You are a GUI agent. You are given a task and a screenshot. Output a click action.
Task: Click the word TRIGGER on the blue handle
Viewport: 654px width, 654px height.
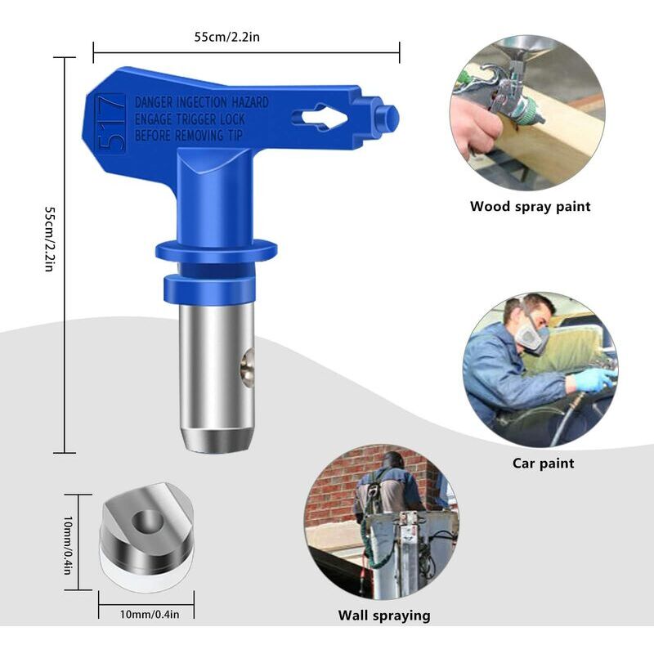click(196, 119)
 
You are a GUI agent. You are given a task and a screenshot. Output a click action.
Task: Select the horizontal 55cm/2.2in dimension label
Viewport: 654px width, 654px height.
click(227, 37)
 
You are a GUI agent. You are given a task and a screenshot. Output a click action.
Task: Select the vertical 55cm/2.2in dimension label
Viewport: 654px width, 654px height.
click(49, 239)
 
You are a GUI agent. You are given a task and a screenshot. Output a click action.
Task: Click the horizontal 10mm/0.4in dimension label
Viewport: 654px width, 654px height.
click(150, 615)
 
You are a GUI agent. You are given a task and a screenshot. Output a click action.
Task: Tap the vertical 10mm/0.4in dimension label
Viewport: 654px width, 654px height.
click(68, 545)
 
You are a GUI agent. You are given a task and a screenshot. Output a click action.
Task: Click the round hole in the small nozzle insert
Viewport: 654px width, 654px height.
click(147, 522)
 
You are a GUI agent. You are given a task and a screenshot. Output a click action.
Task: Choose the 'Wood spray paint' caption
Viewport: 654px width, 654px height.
click(530, 207)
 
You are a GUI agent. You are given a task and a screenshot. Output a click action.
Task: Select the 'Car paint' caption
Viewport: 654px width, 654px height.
click(543, 464)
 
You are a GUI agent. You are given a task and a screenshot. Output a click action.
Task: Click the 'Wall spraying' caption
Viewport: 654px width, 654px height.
click(384, 616)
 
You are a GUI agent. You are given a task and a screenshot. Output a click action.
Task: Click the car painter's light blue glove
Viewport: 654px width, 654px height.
click(594, 379)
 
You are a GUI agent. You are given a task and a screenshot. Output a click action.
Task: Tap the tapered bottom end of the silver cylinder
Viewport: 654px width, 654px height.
click(216, 439)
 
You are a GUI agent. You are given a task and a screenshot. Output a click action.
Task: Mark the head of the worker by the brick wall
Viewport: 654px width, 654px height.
click(393, 462)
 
